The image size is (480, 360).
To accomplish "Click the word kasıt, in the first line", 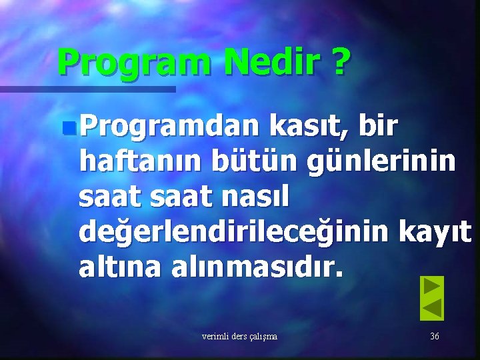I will (310, 125).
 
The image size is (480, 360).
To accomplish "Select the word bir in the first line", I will (379, 125).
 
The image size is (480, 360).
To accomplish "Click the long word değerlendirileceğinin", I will (230, 233).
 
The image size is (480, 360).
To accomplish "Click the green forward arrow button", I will (432, 287).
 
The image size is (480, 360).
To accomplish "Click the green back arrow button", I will (432, 309).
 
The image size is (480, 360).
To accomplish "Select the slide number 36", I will (434, 337).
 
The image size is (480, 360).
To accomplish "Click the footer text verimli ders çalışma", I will (239, 337).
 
